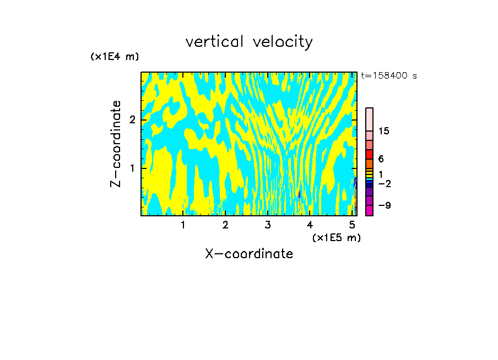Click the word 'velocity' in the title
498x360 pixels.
285,42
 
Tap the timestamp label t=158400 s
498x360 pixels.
389,76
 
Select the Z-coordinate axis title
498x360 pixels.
116,144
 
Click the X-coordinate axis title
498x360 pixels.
249,254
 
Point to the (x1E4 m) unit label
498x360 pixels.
115,57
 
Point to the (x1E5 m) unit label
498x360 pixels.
336,237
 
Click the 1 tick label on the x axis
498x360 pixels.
183,225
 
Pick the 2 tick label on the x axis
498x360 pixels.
225,225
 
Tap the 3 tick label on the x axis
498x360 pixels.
268,225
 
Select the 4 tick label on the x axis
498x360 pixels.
310,225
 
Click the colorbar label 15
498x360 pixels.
384,131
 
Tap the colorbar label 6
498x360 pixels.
381,159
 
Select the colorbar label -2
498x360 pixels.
384,183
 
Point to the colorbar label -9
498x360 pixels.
384,205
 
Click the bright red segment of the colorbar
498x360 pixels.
369,154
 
